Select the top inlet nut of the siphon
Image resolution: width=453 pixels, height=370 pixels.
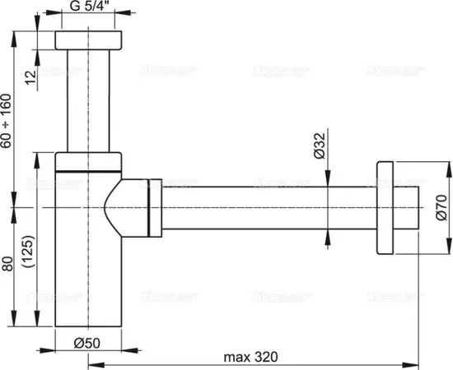tap(88, 40)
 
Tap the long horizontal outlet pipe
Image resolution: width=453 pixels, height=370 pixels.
tap(264, 209)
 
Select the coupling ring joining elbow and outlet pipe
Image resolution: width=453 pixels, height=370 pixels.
tap(153, 209)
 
